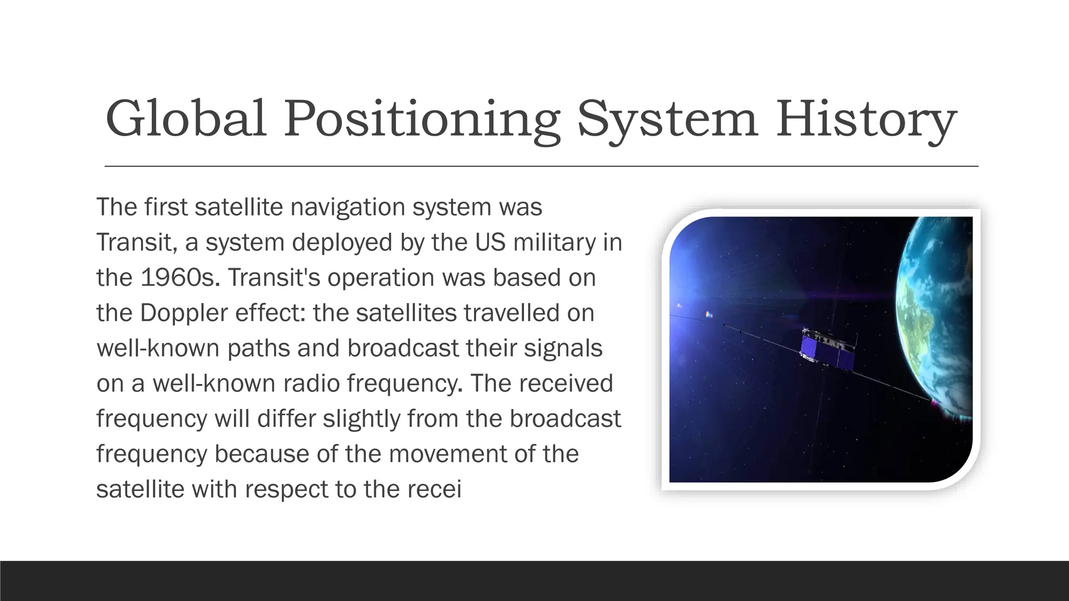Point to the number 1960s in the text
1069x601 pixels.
tap(178, 278)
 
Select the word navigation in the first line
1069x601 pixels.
tap(348, 207)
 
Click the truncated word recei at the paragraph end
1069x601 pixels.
tap(435, 489)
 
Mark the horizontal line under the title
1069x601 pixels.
tap(541, 166)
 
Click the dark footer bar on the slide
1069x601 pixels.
tap(534, 581)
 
